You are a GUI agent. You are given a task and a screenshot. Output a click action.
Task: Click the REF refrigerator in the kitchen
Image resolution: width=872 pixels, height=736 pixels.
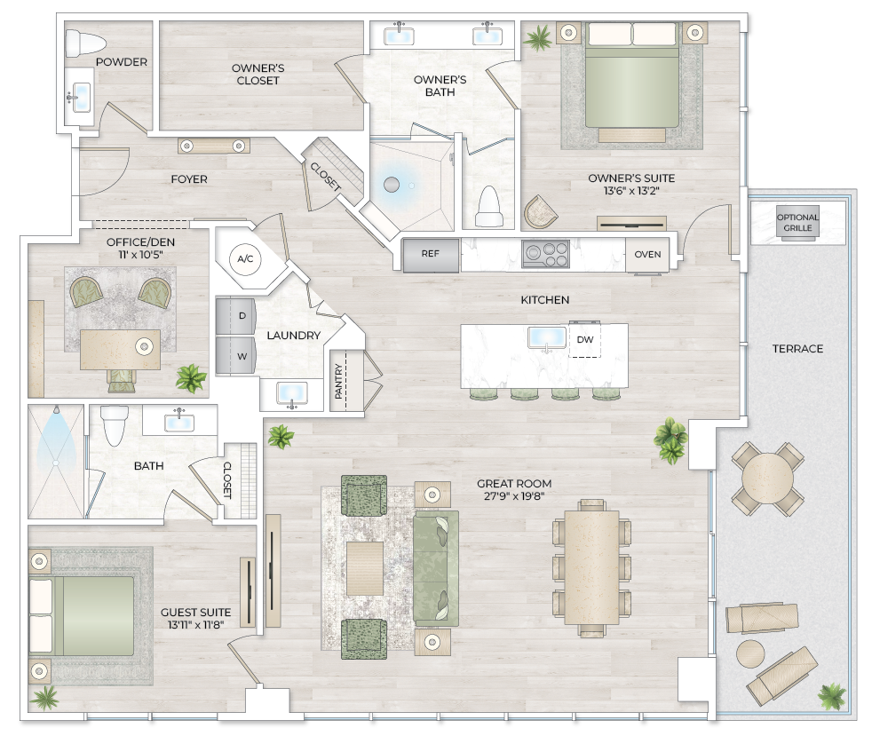coord(431,255)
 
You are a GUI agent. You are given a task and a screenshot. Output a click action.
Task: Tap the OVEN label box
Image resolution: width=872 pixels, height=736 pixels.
coord(647,255)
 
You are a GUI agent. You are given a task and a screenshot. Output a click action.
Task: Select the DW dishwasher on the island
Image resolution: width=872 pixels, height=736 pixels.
coord(584,340)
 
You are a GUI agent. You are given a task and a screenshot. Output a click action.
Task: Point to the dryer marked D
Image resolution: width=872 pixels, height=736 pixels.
coord(236,315)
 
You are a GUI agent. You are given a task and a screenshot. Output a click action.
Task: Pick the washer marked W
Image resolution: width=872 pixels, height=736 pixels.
coord(236,356)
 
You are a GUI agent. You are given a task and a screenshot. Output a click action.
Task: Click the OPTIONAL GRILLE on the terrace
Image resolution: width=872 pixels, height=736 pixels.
coord(797,222)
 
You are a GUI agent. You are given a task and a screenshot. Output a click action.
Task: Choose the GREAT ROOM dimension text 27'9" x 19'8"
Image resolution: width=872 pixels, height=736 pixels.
coord(510,496)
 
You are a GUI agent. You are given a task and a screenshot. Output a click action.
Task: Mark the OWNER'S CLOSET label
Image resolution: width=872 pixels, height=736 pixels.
coord(257,75)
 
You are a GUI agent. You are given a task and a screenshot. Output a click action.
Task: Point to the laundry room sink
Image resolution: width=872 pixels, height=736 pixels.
coord(291,392)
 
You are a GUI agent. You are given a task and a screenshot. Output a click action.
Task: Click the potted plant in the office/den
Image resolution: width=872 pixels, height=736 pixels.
coord(190,379)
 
